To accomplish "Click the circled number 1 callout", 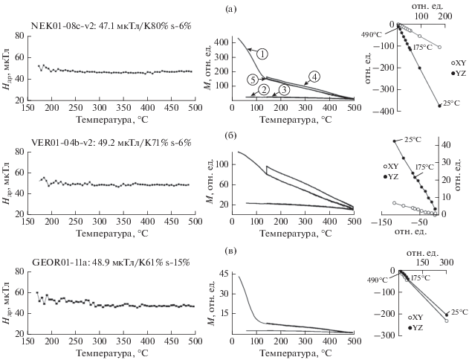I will (262, 54).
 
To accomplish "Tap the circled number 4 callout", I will (314, 77).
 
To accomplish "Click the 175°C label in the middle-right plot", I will (424, 167).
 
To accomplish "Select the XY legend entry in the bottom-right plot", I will (418, 317).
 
